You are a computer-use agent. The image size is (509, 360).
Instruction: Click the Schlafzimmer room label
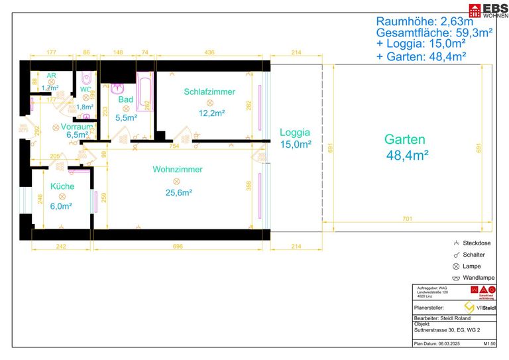point(209,91)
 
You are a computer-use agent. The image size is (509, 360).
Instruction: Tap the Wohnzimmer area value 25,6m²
point(178,193)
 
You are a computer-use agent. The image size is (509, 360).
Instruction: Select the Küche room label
point(62,186)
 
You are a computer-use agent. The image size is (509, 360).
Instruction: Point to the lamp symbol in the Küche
point(63,196)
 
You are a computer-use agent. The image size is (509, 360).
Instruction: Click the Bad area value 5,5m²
point(126,117)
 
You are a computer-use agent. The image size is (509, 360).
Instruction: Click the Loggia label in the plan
point(295,132)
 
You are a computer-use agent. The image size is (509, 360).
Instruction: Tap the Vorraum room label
point(78,126)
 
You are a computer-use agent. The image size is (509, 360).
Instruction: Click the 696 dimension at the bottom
point(178,247)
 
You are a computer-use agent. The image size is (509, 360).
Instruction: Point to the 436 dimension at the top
point(209,52)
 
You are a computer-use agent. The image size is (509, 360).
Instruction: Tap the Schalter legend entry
point(473,255)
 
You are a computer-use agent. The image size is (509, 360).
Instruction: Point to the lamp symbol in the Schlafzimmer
point(210,103)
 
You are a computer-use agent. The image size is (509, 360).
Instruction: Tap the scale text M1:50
point(490,344)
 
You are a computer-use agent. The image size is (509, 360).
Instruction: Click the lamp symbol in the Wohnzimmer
point(177,181)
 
